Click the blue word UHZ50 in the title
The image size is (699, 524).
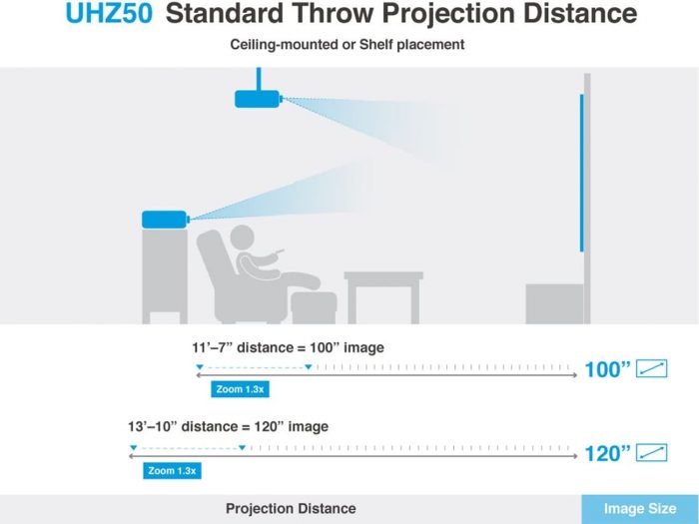109,13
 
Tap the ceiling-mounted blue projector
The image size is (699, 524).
258,99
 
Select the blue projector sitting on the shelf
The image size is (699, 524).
165,220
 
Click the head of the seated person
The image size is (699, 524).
242,238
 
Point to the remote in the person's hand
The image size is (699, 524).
279,253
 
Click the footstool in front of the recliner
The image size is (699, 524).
314,307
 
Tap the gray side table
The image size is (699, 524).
383,297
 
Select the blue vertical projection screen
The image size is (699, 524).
582,173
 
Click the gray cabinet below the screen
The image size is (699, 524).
554,303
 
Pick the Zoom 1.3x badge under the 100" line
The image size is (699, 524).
240,389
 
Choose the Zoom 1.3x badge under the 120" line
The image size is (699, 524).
172,471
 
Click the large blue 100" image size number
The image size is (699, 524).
607,370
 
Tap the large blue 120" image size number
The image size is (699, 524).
607,454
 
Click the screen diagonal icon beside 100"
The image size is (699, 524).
651,368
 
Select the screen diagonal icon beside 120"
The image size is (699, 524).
651,453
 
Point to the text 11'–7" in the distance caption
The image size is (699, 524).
212,347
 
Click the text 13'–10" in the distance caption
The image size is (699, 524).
152,426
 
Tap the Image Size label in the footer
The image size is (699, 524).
640,508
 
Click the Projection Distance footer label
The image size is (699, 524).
291,508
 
